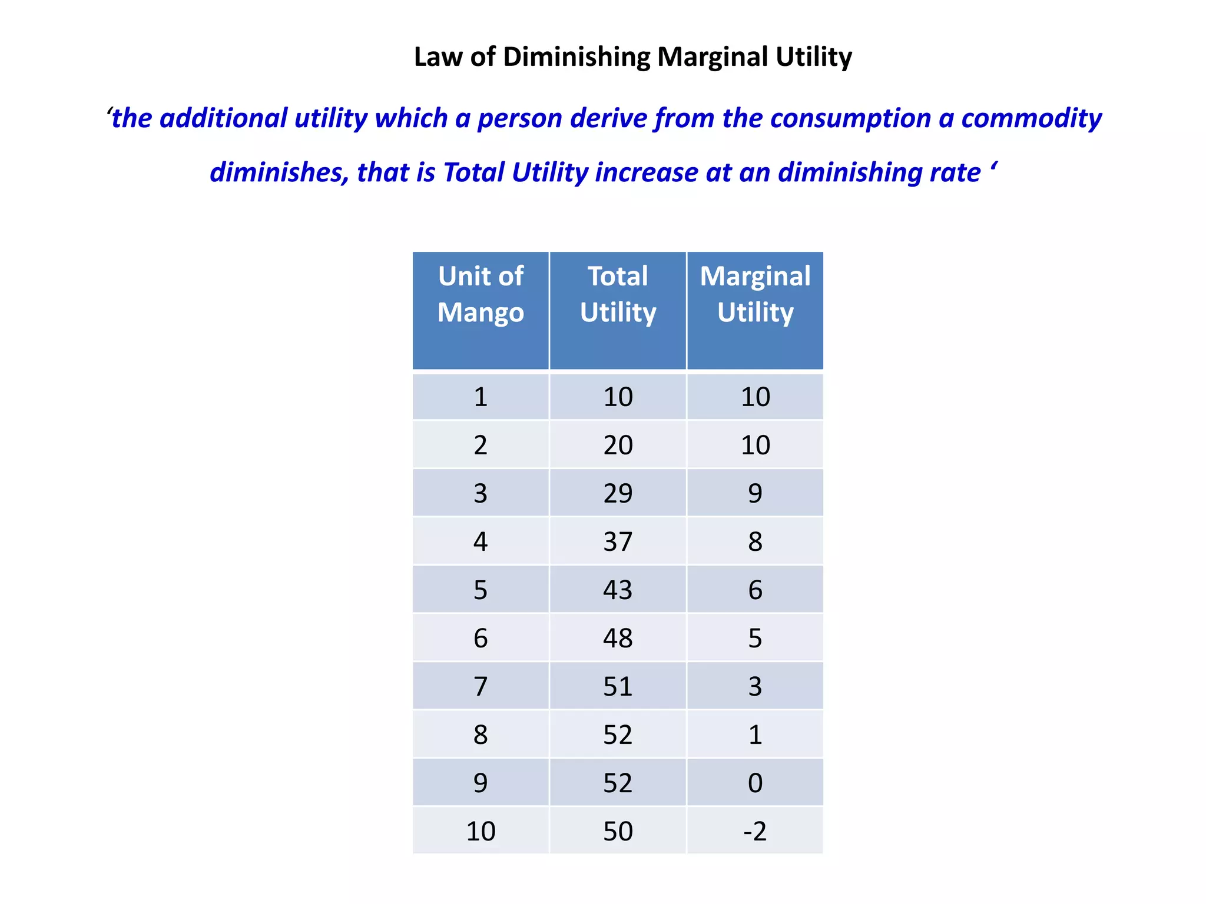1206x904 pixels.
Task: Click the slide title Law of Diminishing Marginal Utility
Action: point(632,57)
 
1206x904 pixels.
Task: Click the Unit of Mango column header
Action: point(481,294)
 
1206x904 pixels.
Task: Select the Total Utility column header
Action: point(618,294)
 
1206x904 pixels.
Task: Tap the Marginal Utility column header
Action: point(755,294)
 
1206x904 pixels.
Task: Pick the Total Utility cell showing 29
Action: point(618,493)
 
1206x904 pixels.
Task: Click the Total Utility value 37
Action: point(618,541)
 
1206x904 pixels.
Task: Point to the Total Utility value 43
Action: point(618,590)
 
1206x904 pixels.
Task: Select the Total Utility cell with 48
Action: point(618,638)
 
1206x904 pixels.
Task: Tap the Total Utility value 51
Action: point(618,686)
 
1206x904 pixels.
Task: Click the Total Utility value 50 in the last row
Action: point(618,831)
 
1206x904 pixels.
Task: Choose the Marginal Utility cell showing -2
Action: point(755,831)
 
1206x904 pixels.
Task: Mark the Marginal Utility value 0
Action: point(755,783)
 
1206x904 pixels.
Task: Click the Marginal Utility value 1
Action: point(755,734)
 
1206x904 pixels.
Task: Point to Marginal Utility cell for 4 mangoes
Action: point(755,541)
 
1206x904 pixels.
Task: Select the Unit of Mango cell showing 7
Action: point(481,686)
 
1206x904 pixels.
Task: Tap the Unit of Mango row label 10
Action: point(481,831)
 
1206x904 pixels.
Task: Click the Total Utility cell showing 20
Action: point(618,445)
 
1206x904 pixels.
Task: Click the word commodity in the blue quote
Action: point(1031,118)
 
